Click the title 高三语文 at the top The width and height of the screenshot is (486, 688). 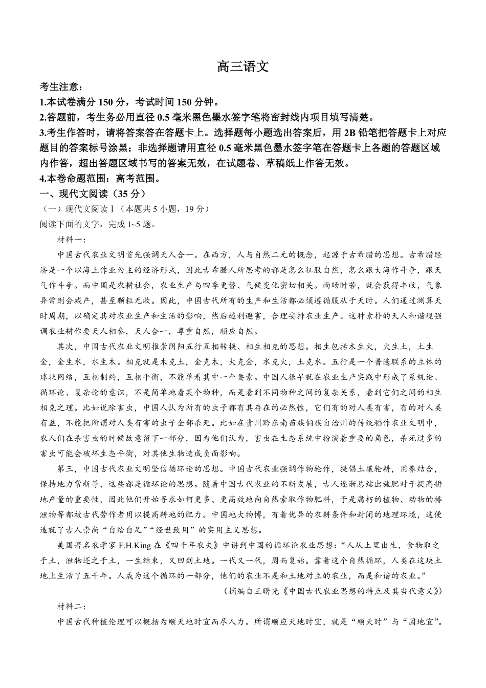(x=242, y=67)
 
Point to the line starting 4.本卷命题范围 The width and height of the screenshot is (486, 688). (x=100, y=179)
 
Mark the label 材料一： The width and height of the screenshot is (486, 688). (x=72, y=239)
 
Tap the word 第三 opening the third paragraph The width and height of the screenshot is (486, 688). (x=65, y=468)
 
